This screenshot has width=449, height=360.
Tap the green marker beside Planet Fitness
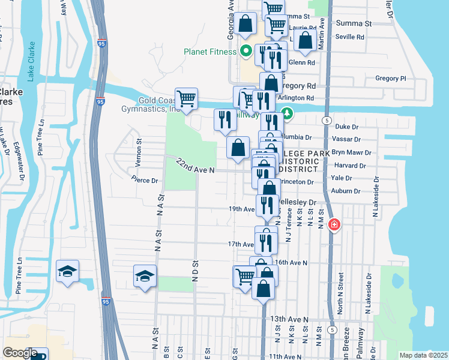[x=246, y=51]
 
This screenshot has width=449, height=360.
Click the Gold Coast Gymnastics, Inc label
[x=151, y=105]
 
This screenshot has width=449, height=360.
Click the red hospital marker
[x=334, y=226]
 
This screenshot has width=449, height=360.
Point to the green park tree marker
[x=288, y=113]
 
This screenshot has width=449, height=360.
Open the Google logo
[x=20, y=353]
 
